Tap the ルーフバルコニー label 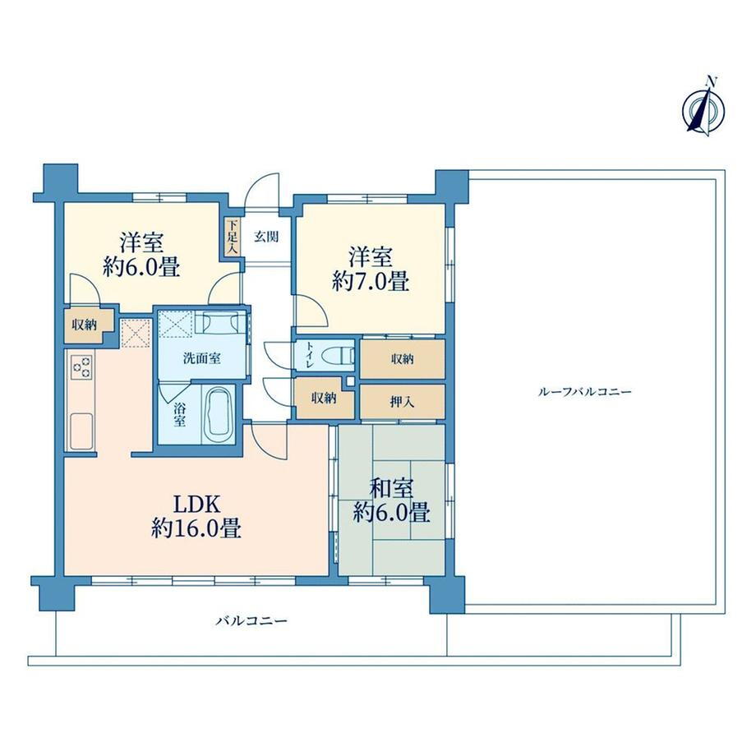(584, 391)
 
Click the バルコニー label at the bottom (251, 620)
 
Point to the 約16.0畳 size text (196, 528)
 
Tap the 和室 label (391, 489)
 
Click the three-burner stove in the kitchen (82, 366)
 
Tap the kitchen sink (82, 431)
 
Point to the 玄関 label (266, 237)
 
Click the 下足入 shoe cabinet (233, 237)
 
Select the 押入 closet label (402, 402)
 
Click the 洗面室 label (202, 358)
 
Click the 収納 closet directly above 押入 (403, 359)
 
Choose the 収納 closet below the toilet (324, 399)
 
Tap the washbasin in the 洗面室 (220, 321)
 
